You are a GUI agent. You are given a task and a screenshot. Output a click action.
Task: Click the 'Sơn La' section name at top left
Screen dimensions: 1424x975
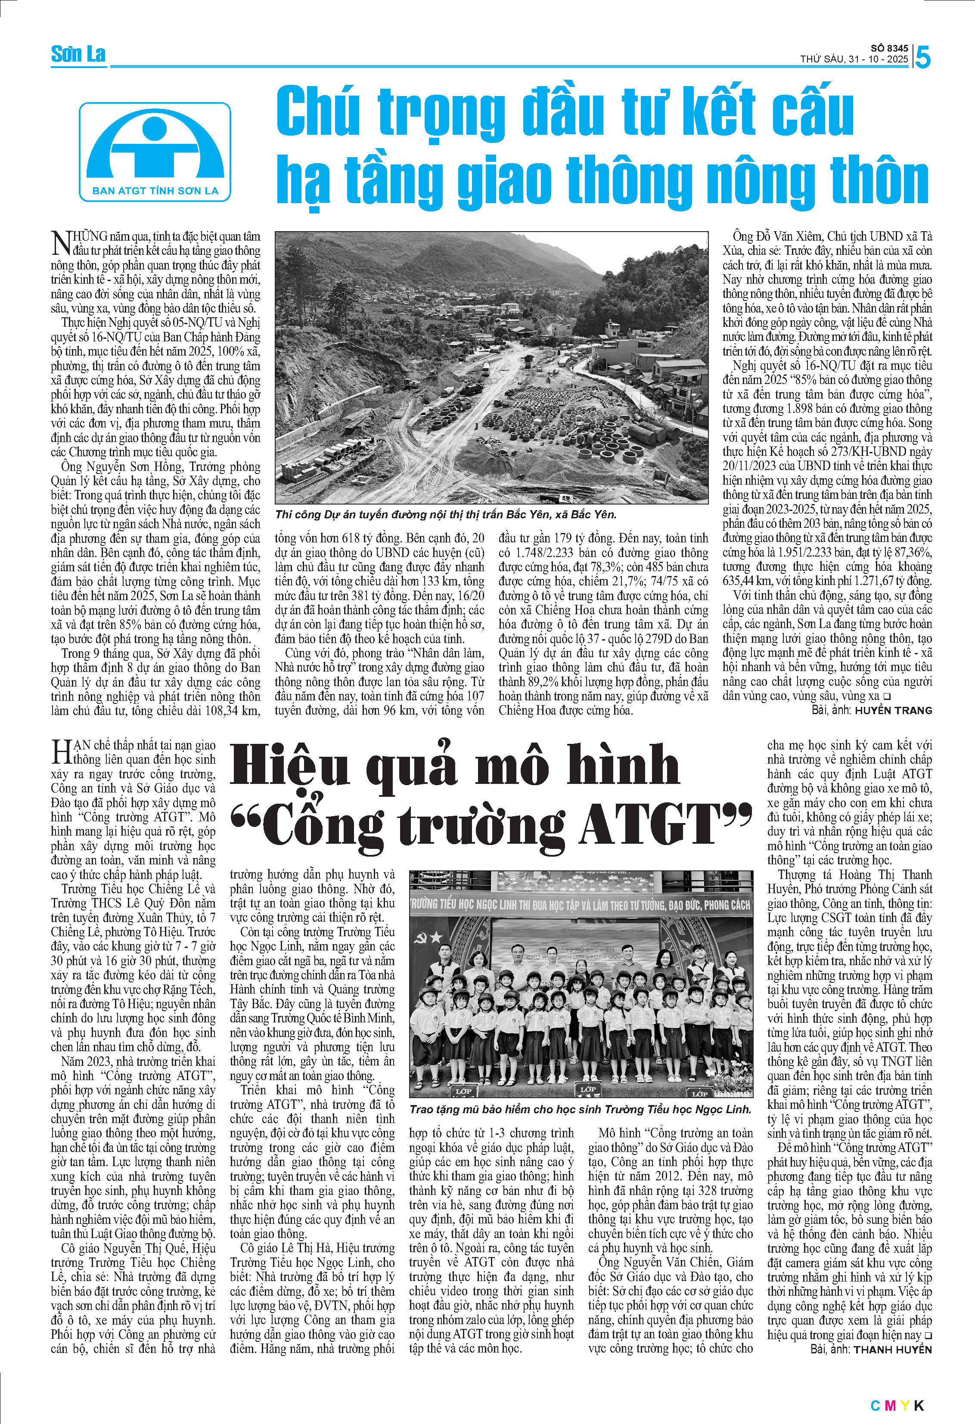click(78, 55)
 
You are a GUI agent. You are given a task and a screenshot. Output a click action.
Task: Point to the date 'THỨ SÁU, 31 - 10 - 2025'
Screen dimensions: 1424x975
click(854, 59)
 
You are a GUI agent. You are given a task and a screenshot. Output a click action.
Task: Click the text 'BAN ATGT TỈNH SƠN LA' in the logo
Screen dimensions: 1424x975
click(155, 191)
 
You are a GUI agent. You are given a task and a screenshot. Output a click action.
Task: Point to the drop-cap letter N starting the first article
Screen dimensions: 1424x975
click(61, 243)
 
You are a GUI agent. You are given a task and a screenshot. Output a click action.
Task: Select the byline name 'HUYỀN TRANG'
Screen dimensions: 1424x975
click(893, 710)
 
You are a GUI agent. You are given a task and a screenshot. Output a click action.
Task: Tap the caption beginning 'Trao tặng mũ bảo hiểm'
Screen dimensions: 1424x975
click(580, 1109)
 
